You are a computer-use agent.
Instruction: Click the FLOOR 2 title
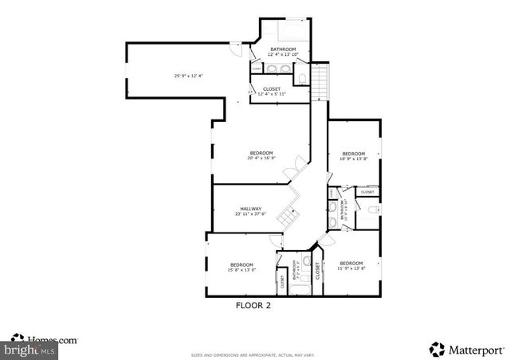point(253,304)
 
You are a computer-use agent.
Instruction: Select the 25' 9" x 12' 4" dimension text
point(188,76)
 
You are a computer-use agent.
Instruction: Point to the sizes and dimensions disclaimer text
point(253,354)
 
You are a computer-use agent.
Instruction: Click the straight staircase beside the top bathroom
point(319,80)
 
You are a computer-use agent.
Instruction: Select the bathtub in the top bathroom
point(288,32)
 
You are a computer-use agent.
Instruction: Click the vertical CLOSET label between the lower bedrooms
point(317,271)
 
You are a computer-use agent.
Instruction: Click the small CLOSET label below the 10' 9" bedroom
point(367,192)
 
